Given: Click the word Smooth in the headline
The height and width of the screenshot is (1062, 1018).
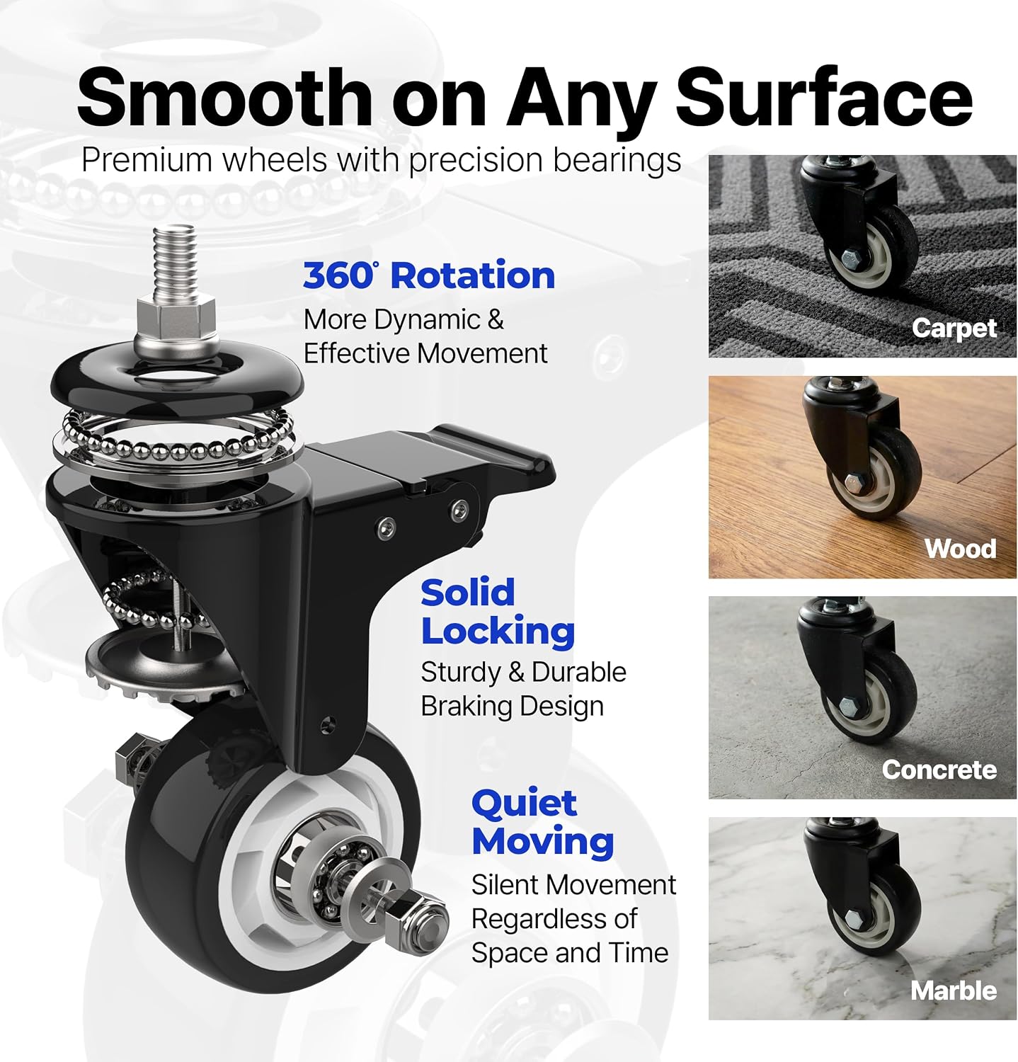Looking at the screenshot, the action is pos(225,97).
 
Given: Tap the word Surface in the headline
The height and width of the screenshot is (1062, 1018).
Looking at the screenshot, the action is pos(825,97).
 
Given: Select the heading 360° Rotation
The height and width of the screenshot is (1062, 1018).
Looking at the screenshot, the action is pos(429,275).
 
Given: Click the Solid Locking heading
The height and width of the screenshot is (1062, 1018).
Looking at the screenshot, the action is pos(498,612).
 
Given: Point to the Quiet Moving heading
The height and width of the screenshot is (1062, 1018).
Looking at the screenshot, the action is pos(542,822).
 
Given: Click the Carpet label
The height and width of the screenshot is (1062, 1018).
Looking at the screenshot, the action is pos(954,328).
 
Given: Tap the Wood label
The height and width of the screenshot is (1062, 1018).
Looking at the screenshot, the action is pos(960,549).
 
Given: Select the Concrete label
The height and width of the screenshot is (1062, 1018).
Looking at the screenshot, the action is pos(939,770).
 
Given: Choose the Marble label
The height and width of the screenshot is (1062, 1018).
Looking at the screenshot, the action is pos(954,990).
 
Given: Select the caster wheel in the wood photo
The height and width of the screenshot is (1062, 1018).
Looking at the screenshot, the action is pos(874,472).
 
